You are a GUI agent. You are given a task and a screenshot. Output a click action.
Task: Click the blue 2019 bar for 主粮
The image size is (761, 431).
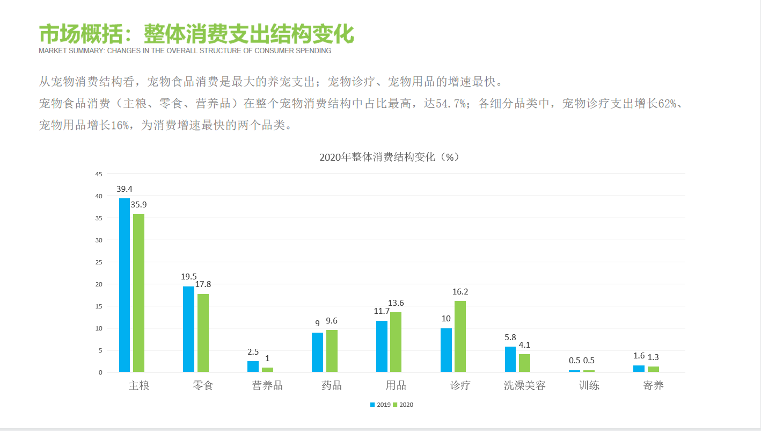tap(125, 285)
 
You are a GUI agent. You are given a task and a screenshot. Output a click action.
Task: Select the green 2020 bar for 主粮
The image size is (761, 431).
tap(138, 293)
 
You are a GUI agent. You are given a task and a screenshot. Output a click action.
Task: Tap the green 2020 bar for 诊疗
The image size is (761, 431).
tap(460, 336)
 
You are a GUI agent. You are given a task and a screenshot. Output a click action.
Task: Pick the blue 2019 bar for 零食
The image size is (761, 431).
tap(188, 329)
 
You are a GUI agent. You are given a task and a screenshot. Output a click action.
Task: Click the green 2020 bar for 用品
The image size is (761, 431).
tap(396, 342)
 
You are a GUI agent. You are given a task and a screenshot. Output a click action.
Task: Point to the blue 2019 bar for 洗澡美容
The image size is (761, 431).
tap(510, 359)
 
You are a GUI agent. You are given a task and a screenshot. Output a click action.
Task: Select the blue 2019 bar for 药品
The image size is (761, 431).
tap(317, 352)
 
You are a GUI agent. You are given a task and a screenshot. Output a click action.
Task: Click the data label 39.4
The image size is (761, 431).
tap(125, 189)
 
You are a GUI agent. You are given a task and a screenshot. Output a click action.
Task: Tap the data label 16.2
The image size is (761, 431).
tap(460, 292)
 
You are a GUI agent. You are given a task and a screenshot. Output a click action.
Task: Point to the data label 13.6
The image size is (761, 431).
tap(396, 303)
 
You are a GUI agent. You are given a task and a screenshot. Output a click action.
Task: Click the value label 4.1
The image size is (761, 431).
tap(524, 345)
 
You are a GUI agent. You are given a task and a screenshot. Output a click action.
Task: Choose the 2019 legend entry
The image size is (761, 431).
tap(380, 405)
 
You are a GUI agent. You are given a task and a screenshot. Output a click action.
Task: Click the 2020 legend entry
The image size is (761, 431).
tap(403, 405)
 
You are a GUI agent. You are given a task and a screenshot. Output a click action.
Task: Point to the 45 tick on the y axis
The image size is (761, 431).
tap(98, 174)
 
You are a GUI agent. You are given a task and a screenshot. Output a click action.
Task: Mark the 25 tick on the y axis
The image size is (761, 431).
tap(98, 262)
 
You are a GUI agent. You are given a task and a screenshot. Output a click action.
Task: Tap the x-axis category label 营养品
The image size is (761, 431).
tap(267, 386)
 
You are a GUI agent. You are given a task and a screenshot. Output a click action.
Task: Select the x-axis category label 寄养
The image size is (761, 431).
tap(653, 386)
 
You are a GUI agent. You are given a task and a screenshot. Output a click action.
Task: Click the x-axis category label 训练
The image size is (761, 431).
tap(589, 386)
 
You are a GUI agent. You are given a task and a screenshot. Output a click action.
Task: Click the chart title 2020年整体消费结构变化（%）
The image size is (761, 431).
tap(390, 157)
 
